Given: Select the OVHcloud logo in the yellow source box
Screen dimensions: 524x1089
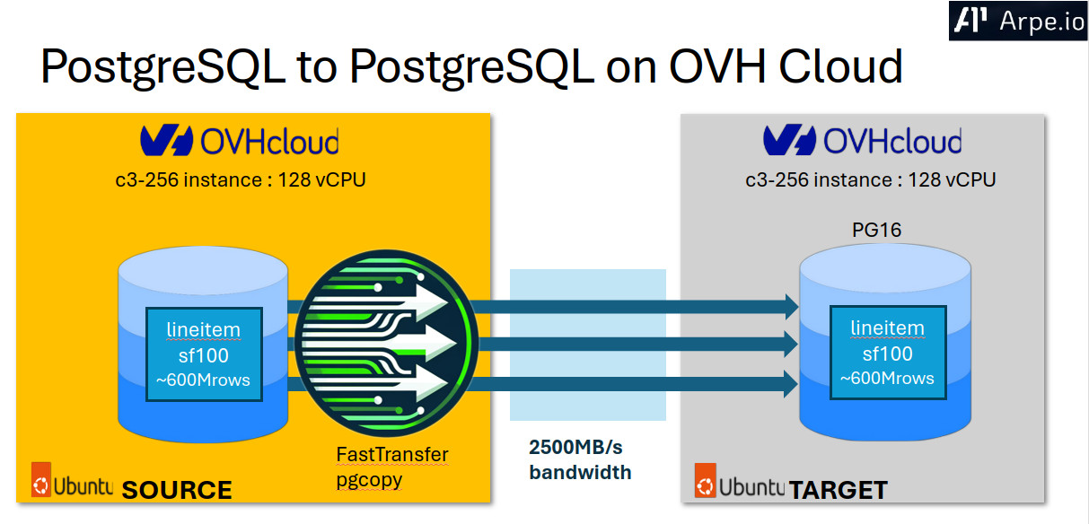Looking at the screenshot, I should [x=240, y=142].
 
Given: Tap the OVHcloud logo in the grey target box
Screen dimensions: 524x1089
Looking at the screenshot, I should [x=862, y=142].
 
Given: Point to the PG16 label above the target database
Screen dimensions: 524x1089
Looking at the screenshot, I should [x=876, y=231].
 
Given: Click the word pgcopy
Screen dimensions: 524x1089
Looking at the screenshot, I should [x=369, y=479].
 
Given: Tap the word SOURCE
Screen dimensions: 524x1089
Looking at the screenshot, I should [x=177, y=490].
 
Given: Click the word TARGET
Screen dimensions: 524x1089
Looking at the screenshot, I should [x=839, y=490].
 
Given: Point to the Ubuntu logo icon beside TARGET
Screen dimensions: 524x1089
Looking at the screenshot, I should [x=707, y=481].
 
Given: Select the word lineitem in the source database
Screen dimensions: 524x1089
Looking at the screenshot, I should [x=204, y=329].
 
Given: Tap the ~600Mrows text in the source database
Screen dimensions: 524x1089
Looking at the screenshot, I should [x=204, y=380].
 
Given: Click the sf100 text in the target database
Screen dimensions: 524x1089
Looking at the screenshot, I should [x=887, y=353].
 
